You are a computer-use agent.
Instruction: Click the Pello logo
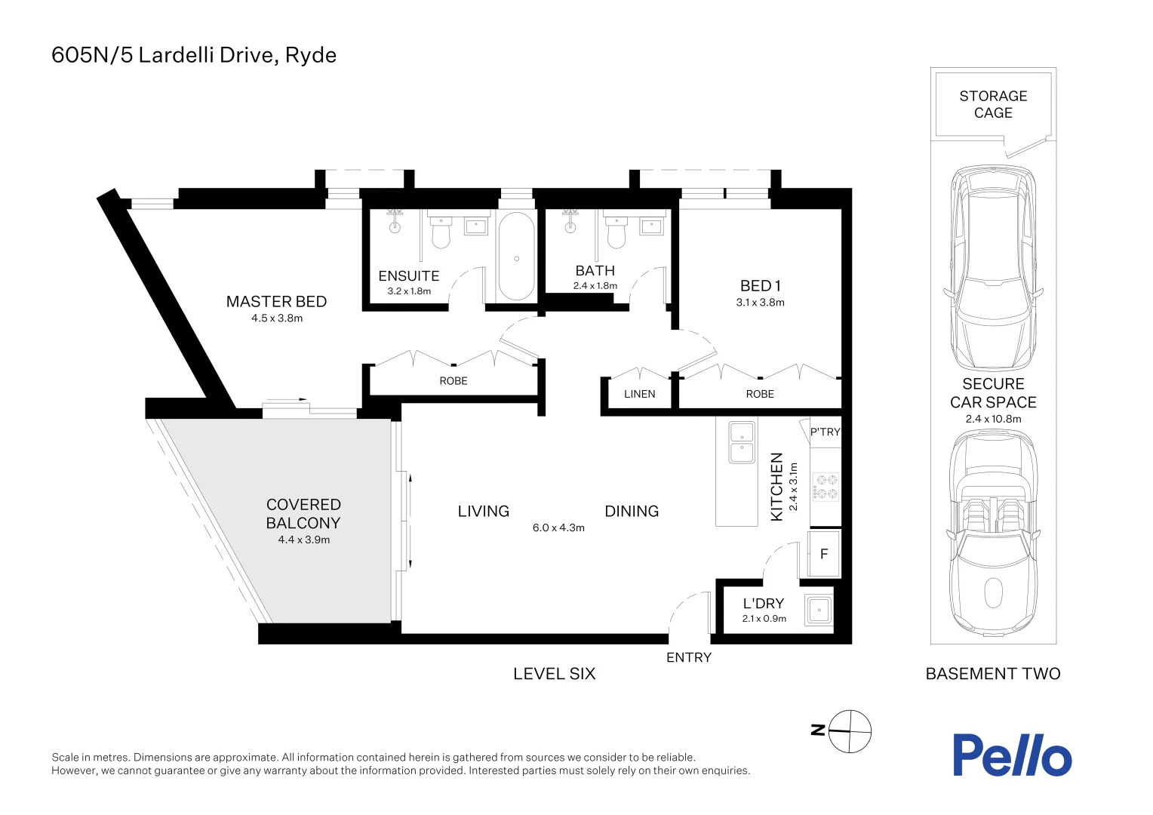point(1011,755)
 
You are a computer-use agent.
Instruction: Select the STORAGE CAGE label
point(993,104)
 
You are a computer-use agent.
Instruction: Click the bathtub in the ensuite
point(516,257)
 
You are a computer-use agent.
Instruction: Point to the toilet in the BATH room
point(616,233)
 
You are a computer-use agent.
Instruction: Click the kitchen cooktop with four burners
point(825,487)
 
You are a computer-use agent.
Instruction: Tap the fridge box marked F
point(824,554)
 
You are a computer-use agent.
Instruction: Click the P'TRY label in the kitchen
point(825,432)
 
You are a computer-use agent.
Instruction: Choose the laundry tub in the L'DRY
point(819,610)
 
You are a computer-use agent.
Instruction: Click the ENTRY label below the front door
point(688,657)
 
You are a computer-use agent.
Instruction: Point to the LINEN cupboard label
point(639,394)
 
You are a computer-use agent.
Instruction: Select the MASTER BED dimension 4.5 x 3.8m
point(277,318)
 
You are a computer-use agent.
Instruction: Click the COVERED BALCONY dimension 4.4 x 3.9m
point(303,540)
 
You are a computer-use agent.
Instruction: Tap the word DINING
point(632,512)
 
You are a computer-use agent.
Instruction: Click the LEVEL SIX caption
point(554,674)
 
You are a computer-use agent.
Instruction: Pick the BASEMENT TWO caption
point(992,674)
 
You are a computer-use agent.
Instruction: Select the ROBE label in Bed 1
point(760,394)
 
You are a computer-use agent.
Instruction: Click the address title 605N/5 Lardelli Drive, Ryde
point(194,55)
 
